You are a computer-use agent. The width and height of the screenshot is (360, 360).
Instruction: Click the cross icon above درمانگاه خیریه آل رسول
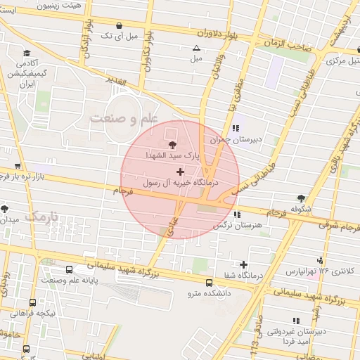(181, 171)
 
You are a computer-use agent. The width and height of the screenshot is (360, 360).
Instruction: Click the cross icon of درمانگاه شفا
(243, 265)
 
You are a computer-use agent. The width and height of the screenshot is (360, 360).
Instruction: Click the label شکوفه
(300, 208)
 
